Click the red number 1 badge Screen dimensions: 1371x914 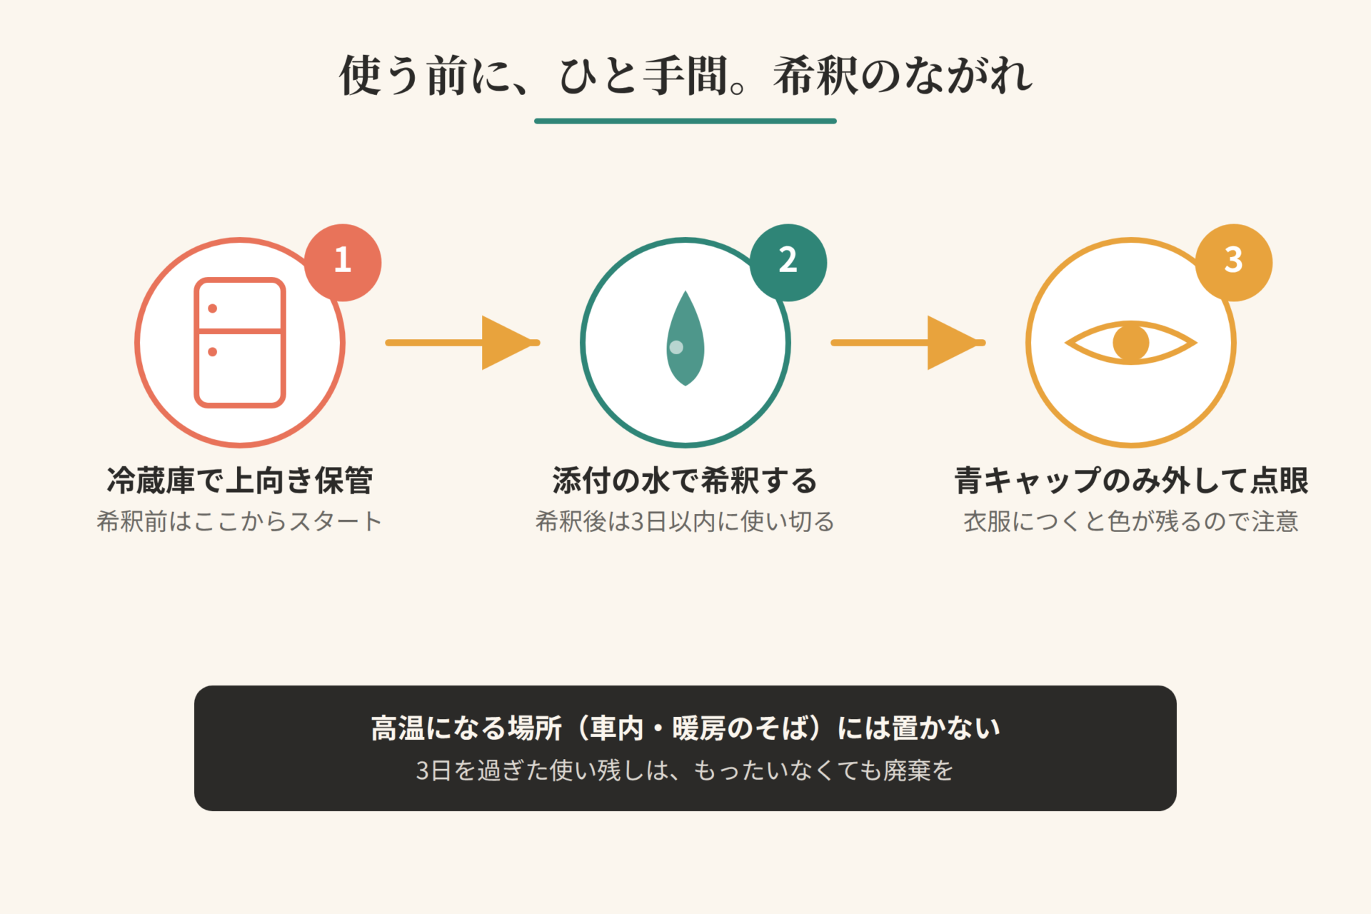click(x=343, y=262)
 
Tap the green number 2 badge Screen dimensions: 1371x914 click(x=788, y=262)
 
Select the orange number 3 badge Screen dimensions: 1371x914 click(x=1234, y=262)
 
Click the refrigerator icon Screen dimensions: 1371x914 click(x=240, y=343)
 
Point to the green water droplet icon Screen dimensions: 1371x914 click(x=685, y=338)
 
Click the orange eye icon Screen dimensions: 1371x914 click(x=1131, y=343)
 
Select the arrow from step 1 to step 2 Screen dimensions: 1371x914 click(x=463, y=343)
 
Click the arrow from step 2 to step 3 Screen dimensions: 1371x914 click(x=908, y=343)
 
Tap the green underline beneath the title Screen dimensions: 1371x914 click(x=685, y=121)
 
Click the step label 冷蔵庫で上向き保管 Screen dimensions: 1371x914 click(x=240, y=481)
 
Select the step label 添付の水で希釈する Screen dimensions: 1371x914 click(x=685, y=481)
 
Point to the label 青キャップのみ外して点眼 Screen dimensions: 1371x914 click(x=1131, y=481)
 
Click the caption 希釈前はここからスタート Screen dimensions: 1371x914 click(x=240, y=521)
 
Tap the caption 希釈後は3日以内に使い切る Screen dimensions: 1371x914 click(x=685, y=521)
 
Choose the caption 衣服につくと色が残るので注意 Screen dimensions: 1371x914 click(x=1131, y=521)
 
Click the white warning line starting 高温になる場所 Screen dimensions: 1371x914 click(x=685, y=728)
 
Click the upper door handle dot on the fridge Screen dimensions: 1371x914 click(x=212, y=308)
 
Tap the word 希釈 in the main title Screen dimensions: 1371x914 click(x=816, y=76)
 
